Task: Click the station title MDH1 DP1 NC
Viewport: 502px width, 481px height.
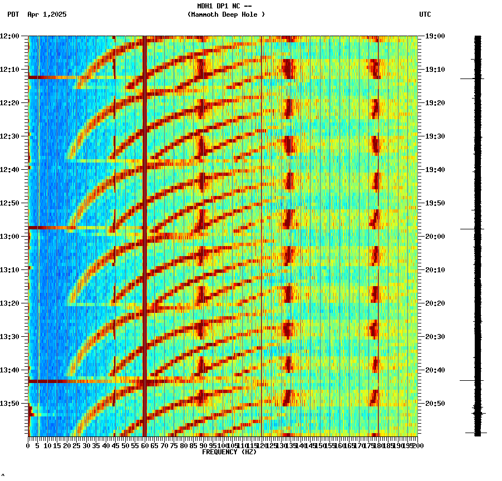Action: coord(224,6)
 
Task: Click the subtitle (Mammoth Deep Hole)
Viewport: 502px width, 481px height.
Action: coord(226,14)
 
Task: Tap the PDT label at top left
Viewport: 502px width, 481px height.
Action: coord(13,14)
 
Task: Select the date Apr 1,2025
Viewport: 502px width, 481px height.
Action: coord(47,14)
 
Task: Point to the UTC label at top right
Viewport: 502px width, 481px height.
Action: coord(425,14)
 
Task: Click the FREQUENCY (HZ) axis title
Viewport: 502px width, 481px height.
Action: coord(228,452)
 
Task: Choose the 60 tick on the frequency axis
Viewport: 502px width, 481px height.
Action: coord(145,446)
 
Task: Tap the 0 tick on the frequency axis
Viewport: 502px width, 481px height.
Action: coord(28,446)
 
